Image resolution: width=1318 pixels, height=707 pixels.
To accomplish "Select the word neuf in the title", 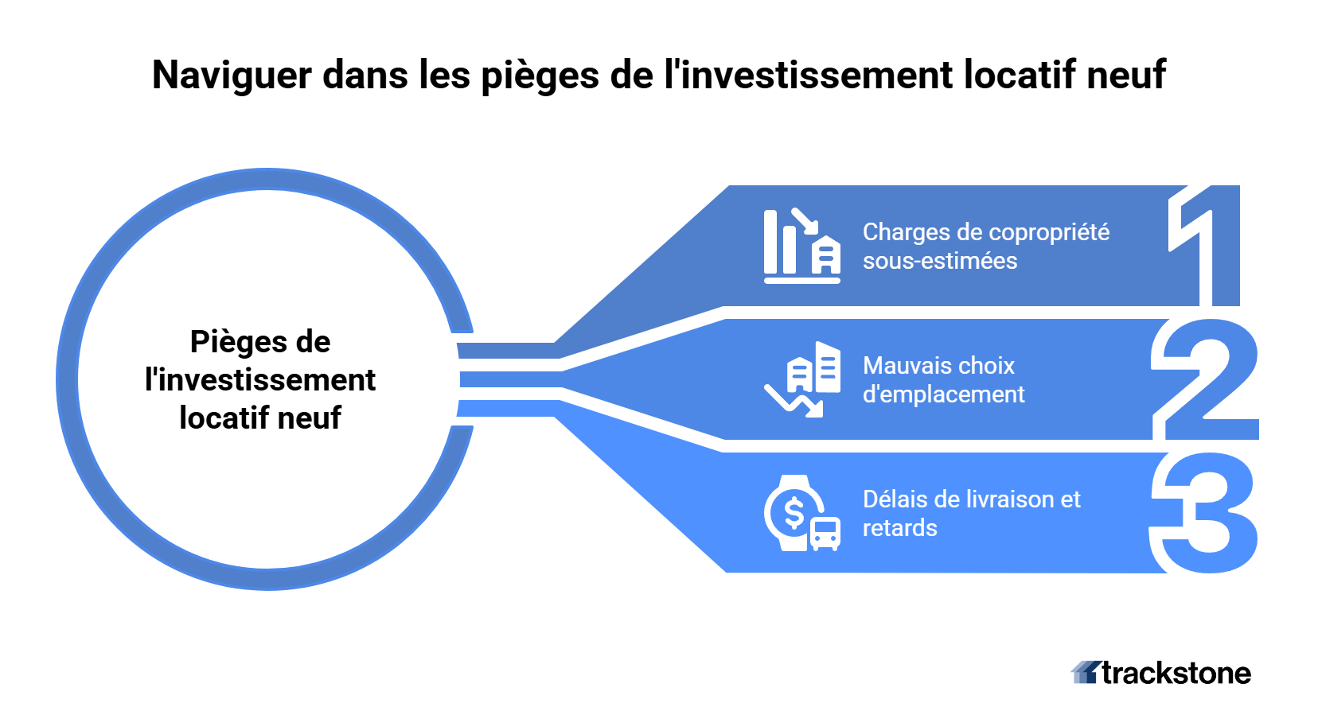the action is pos(1125,75).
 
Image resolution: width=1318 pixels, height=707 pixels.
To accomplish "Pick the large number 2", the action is pos(1206,380).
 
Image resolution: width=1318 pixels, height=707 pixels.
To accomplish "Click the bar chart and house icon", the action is pos(801,247).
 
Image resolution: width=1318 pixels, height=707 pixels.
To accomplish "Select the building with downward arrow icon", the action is pos(801,380).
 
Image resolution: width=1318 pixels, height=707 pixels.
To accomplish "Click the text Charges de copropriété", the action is pos(985,232).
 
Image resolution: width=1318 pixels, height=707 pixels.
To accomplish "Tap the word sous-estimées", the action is pos(940,261).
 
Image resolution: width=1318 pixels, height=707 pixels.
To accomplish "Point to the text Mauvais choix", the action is pos(938,366).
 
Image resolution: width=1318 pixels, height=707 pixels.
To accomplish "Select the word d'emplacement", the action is pos(943,394).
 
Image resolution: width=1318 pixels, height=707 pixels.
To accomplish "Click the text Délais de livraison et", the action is pos(971,499).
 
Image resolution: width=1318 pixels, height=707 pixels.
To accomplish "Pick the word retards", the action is pos(899,528).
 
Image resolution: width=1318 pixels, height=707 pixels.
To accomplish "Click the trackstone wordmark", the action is pos(1176,674).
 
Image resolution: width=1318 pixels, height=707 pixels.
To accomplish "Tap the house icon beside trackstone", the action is pos(1085,673).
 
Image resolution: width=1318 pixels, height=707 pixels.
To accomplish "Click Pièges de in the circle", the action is pos(260,342).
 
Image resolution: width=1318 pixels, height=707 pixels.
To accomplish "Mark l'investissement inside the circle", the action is pos(260,380).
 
